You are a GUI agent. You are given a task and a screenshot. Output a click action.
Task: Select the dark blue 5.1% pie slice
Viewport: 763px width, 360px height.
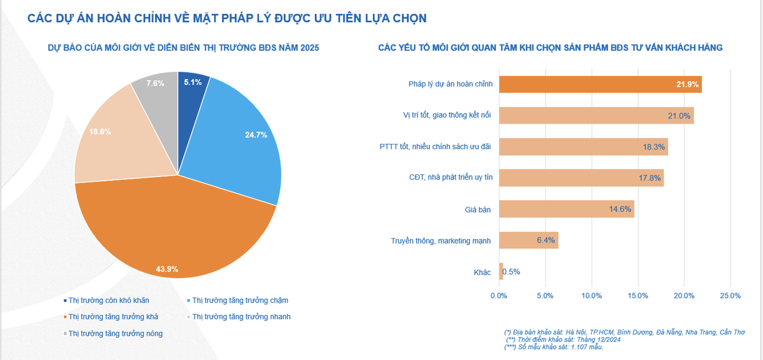[189, 93]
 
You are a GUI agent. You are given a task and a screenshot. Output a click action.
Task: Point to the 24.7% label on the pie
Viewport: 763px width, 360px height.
[256, 134]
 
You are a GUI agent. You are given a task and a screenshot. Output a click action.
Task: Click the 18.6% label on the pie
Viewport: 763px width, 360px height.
[100, 132]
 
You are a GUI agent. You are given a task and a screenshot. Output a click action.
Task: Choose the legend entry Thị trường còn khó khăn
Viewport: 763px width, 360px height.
[108, 300]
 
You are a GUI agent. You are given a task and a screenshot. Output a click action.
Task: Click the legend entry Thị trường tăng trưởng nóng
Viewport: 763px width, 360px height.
[115, 333]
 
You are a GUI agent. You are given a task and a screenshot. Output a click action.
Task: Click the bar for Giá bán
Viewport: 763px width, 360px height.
[566, 209]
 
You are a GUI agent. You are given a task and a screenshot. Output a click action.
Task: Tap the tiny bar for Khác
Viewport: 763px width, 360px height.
[501, 272]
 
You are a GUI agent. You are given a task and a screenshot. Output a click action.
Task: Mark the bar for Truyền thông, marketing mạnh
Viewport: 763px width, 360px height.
[528, 240]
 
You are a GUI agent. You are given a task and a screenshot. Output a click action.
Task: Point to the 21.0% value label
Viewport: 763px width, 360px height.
[678, 115]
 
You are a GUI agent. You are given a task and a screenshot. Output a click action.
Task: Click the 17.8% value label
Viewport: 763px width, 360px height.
[648, 178]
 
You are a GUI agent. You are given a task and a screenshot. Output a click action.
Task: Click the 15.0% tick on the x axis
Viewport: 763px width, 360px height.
[637, 296]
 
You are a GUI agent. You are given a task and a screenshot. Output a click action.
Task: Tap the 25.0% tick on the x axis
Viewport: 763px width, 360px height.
[730, 296]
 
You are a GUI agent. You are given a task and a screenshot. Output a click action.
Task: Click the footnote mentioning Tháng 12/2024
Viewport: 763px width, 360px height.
[563, 340]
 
